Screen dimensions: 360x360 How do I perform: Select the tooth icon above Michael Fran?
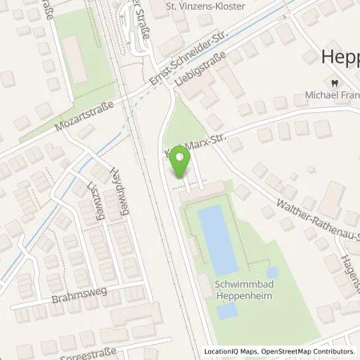pyautogui.click(x=330, y=82)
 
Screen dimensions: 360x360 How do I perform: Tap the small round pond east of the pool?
pyautogui.click(x=271, y=273)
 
